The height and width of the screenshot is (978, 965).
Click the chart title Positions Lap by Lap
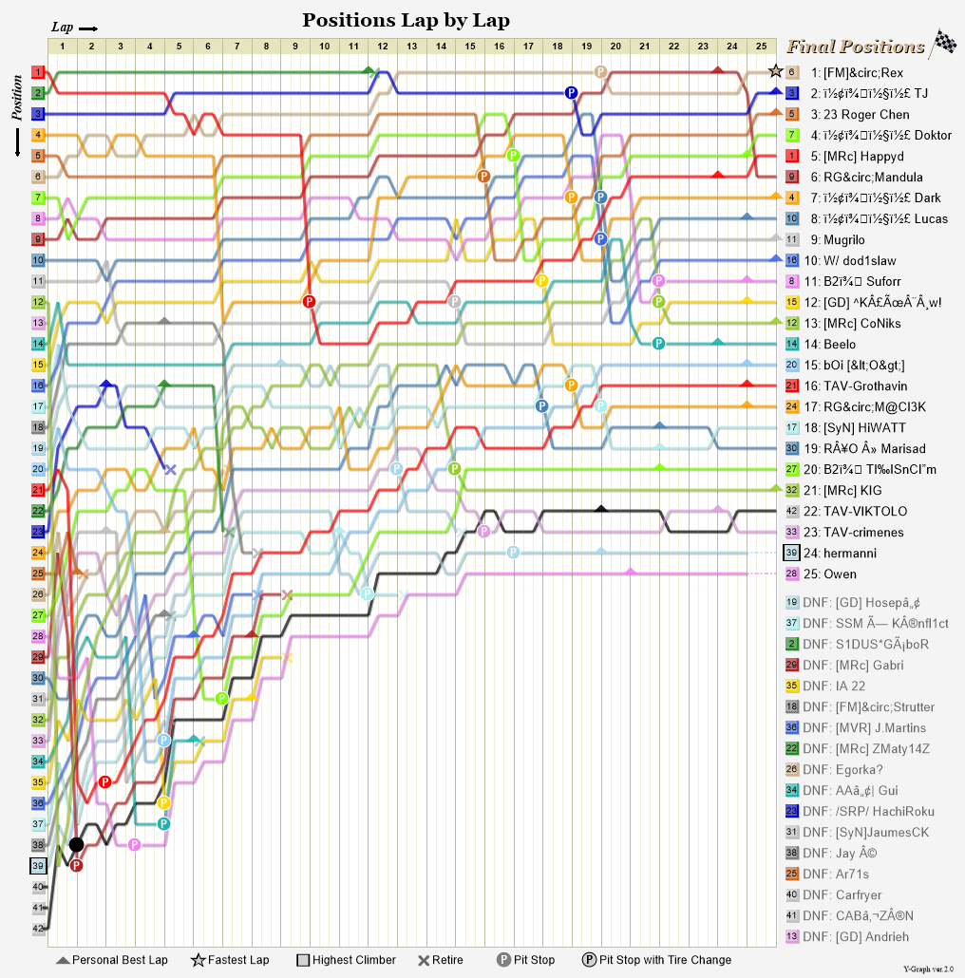tap(406, 20)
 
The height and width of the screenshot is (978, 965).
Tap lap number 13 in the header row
tap(412, 46)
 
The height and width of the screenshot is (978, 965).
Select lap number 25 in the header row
tap(762, 46)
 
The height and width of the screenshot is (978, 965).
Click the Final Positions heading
tap(855, 47)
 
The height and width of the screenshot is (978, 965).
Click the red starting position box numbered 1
tap(38, 72)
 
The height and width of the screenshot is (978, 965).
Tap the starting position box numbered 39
tap(38, 865)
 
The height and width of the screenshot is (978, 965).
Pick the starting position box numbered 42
tap(38, 929)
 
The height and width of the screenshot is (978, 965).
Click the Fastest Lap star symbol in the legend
tap(199, 960)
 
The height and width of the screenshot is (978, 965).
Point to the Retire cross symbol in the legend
tap(424, 960)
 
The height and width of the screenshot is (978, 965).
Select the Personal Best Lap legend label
tap(120, 960)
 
